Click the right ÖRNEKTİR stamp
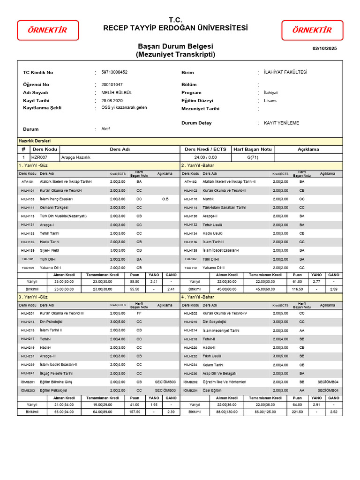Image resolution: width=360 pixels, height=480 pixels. [312, 30]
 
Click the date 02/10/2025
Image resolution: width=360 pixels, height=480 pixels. [324, 48]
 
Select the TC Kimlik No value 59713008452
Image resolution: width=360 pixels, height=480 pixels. [114, 72]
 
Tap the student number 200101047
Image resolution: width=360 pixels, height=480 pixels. [112, 84]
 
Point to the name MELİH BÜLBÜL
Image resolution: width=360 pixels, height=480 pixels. [117, 93]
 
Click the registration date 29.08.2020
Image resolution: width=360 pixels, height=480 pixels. [112, 100]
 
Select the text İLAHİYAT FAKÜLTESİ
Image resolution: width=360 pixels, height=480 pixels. [285, 72]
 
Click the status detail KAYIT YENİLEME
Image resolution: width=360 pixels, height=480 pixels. [281, 123]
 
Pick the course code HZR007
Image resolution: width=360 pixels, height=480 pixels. [39, 157]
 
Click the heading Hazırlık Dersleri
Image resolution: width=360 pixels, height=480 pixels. [34, 141]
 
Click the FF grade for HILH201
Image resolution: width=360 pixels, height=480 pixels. [139, 313]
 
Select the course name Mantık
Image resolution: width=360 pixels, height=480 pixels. [209, 199]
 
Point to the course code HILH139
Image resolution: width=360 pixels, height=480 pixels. [28, 250]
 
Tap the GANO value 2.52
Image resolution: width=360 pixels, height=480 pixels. [333, 412]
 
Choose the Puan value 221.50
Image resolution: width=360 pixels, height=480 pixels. [297, 412]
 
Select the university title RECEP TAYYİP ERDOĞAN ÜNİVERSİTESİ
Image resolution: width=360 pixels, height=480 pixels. [175, 28]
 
